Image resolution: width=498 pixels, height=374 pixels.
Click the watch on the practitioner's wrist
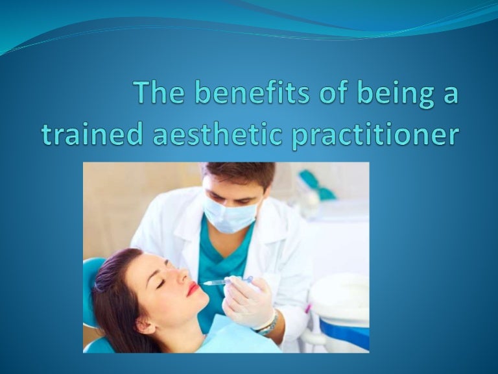[x=268, y=323]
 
